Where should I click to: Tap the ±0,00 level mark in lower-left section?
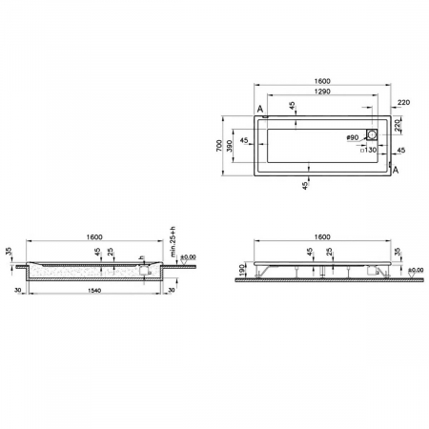coord(187,257)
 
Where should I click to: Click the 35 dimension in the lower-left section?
coord(10,253)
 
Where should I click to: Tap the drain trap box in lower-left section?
coord(143,270)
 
